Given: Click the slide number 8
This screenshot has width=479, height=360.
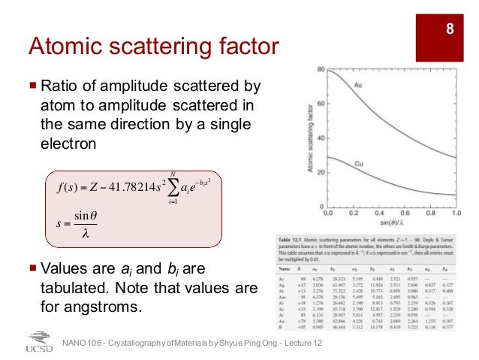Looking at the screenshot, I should point(450,30).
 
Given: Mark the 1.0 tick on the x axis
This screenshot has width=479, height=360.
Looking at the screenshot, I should point(453,213).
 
